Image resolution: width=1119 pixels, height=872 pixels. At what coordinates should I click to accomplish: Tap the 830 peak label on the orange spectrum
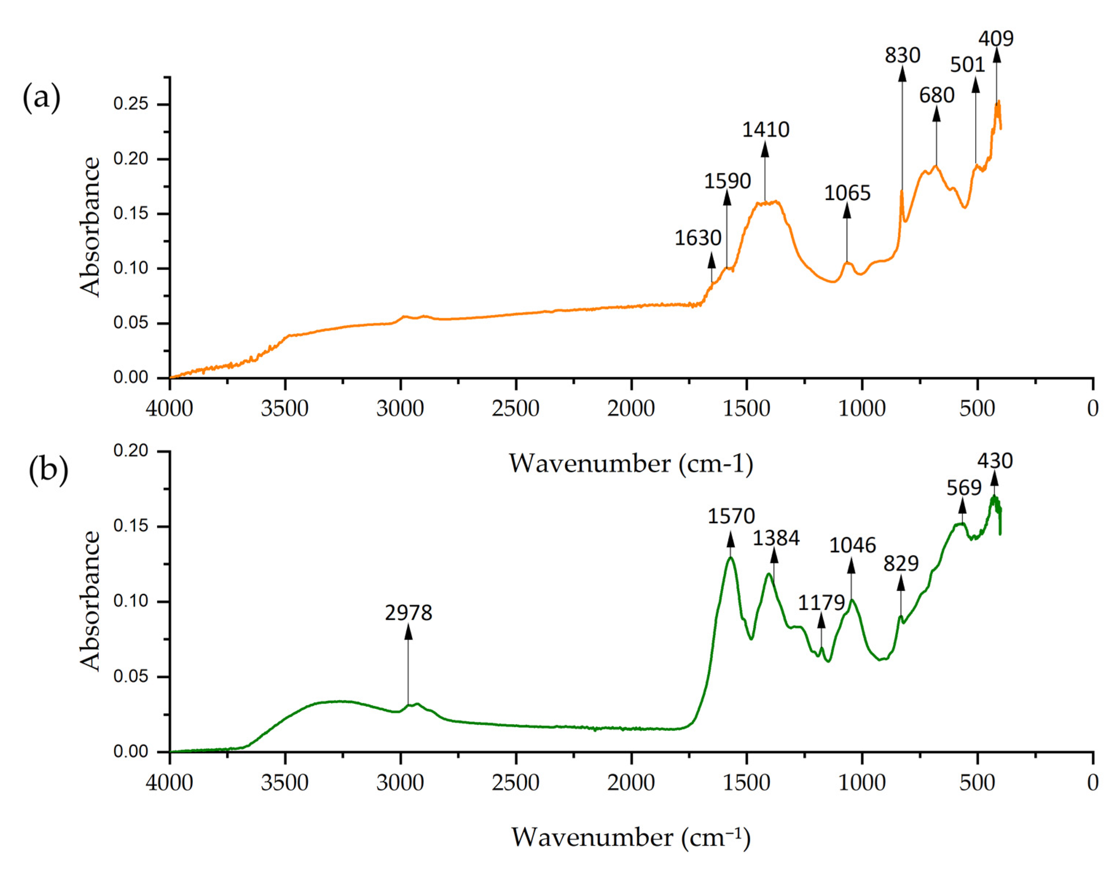902,55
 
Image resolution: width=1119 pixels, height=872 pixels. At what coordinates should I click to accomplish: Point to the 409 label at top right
996,39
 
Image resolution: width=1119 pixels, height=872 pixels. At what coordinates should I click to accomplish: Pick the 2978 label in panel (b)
408,613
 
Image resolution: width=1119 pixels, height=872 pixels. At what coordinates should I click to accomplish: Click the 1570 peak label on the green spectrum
731,516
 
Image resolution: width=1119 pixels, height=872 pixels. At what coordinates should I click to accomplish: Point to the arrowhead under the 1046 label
852,566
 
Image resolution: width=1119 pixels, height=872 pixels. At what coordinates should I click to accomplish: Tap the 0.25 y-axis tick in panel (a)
131,104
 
